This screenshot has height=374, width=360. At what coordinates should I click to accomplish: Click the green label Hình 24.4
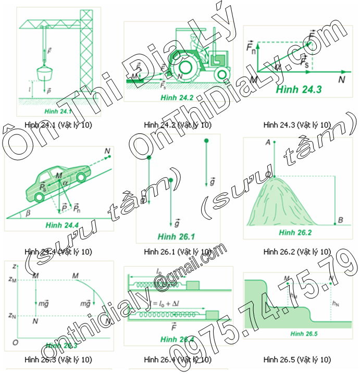(61, 225)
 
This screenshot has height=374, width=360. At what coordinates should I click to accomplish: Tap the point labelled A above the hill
(268, 142)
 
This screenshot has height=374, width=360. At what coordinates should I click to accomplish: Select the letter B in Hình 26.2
(340, 220)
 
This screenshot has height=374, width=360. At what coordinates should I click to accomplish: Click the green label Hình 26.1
(176, 236)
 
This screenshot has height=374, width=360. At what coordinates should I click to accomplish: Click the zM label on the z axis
(13, 279)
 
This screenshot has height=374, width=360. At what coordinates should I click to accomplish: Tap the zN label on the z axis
(13, 315)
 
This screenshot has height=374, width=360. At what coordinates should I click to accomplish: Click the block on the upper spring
(193, 284)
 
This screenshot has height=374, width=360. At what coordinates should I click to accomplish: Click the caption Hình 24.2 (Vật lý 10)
(177, 125)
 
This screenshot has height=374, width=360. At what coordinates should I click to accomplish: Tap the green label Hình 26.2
(294, 232)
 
